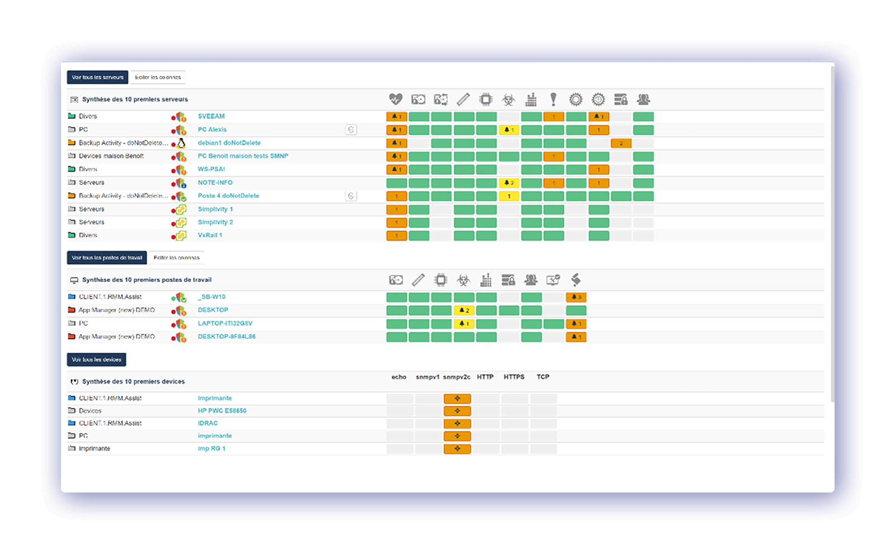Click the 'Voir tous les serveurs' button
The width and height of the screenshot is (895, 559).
[x=97, y=77]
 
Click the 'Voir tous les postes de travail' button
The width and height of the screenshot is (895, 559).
[x=107, y=258]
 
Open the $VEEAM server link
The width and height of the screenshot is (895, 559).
[x=211, y=116]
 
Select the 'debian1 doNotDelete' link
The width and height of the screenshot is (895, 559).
[x=229, y=143]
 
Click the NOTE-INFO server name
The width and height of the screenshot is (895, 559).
[x=215, y=183]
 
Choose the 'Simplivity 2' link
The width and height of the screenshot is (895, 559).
[x=215, y=222]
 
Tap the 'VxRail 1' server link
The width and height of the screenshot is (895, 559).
[x=210, y=235]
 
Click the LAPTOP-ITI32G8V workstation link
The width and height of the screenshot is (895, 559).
[x=225, y=324]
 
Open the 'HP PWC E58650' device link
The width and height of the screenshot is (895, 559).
[x=222, y=411]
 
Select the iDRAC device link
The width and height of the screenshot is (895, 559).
[x=208, y=424]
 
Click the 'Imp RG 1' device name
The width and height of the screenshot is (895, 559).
[x=211, y=449]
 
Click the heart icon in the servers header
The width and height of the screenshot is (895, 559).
[x=395, y=100]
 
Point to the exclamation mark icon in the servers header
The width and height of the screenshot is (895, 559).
[x=553, y=100]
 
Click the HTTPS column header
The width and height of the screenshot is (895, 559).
[x=514, y=377]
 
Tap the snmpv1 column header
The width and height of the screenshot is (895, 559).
[x=427, y=377]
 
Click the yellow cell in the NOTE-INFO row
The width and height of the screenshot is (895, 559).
[x=509, y=183]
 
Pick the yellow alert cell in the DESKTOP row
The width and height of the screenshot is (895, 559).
[x=464, y=310]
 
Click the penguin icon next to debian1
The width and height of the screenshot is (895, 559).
[x=181, y=143]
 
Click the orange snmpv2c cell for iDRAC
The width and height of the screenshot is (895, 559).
[x=457, y=424]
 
